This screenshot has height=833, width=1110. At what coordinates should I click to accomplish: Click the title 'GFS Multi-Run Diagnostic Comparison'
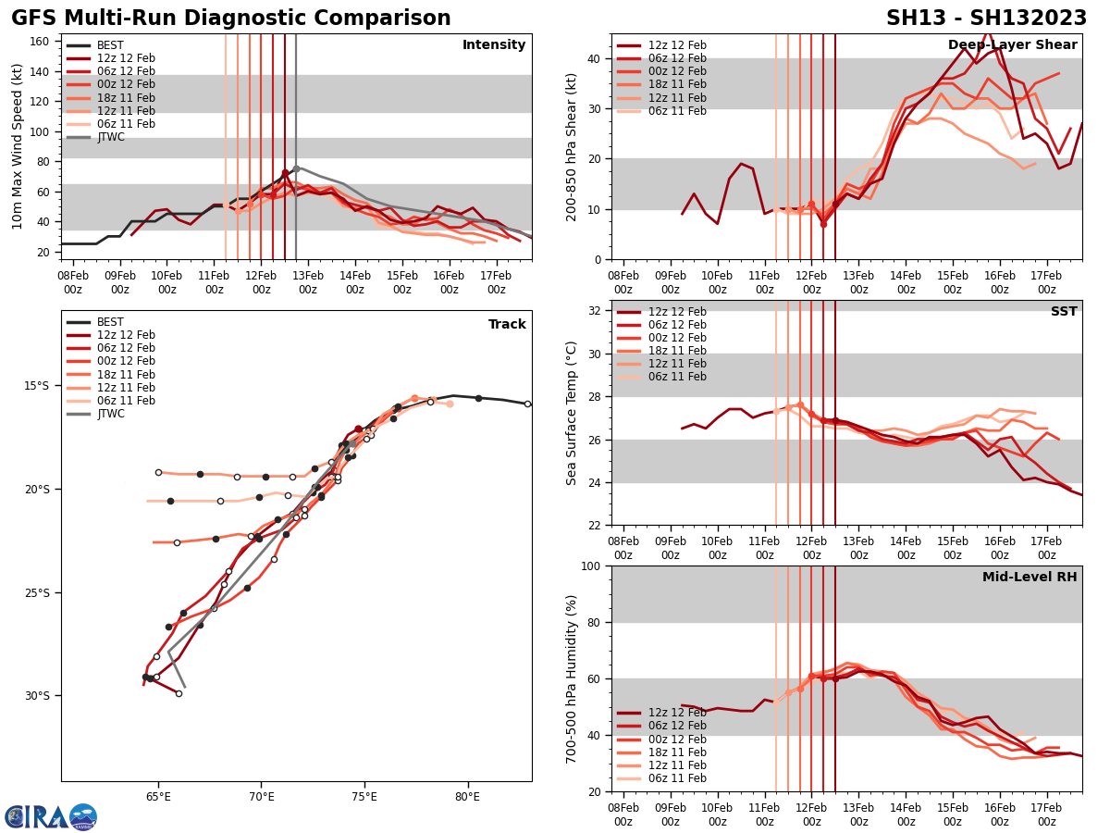231,19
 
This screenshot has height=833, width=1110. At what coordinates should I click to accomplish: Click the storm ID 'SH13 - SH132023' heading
986,19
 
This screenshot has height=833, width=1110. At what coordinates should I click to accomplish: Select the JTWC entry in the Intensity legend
110,137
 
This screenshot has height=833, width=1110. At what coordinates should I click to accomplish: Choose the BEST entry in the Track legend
109,322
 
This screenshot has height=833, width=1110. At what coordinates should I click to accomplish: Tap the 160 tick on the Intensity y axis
41,42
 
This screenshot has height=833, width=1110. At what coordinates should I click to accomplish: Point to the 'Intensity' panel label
494,45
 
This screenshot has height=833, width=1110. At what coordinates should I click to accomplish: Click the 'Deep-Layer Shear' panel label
1012,45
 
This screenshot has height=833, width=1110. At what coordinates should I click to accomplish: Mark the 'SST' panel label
1064,312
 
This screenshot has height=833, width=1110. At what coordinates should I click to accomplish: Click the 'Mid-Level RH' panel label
1030,578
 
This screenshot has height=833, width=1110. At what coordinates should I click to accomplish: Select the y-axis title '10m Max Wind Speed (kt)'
18,146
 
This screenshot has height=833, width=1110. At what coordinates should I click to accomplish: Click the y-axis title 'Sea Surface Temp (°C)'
572,413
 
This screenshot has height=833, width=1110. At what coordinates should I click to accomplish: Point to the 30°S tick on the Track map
43,696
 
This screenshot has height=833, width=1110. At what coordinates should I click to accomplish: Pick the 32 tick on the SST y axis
595,311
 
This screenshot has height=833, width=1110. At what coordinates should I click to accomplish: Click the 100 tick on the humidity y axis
591,566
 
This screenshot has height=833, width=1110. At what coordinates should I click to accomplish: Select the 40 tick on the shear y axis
595,58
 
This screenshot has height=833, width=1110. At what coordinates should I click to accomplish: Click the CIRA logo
50,817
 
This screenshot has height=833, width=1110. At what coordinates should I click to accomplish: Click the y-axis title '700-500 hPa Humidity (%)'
572,678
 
